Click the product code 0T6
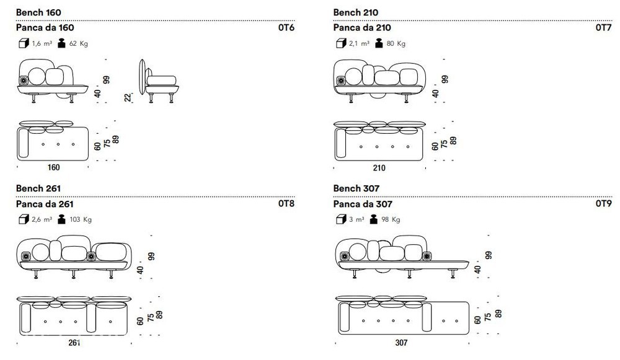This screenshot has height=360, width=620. tap(286, 28)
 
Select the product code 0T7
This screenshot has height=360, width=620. tap(603, 28)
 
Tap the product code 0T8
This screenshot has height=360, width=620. tap(286, 203)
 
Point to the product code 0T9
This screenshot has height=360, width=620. tap(603, 203)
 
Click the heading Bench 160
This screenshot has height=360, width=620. tap(38, 12)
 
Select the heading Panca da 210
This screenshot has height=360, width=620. tap(362, 28)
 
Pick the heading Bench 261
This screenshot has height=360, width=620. tap(38, 188)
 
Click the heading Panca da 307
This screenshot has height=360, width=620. tap(363, 204)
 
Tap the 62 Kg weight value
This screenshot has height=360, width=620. tap(78, 43)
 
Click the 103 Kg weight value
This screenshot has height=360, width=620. tap(80, 219)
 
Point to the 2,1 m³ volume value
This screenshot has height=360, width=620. tap(359, 43)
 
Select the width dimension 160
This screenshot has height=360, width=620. tap(53, 167)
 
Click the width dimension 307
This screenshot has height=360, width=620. tap(401, 343)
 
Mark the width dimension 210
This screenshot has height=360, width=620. tap(379, 168)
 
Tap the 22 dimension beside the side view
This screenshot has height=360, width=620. tap(128, 97)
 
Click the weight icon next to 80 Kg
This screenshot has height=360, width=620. tap(379, 43)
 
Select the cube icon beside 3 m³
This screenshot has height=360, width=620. tap(341, 219)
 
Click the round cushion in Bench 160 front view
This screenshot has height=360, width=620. tap(37, 76)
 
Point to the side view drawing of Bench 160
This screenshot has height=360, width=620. tap(158, 81)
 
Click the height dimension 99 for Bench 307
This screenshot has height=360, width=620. tap(489, 255)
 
